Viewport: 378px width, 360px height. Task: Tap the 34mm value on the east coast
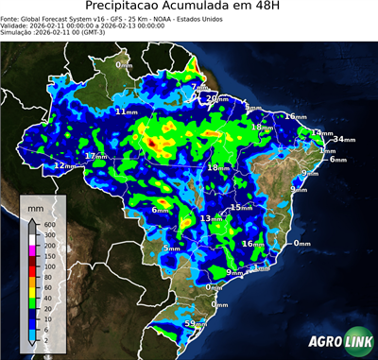(x=343, y=139)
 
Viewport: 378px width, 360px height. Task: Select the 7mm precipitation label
(x=198, y=88)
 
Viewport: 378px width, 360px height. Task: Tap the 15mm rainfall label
(x=241, y=207)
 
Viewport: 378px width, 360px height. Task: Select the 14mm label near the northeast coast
(x=320, y=133)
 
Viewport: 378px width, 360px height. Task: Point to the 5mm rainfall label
(x=171, y=248)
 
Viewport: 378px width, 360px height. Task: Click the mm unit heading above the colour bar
(x=36, y=204)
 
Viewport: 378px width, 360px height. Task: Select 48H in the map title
(x=260, y=8)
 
